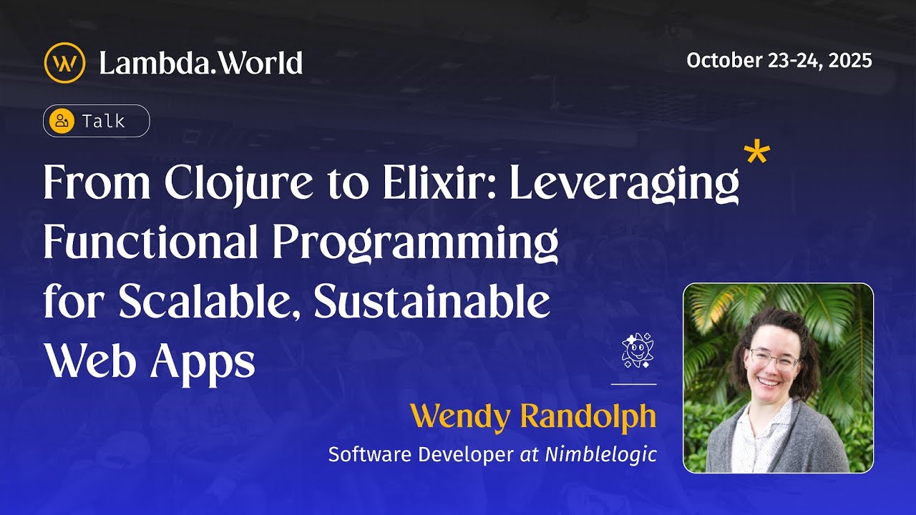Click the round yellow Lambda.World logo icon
point(64,63)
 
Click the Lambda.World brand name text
point(200,63)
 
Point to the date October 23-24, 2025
point(779,61)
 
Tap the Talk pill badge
point(97,121)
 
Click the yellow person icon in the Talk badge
point(62,121)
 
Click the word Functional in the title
point(150,244)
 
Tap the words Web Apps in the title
point(150,363)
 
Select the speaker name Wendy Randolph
point(533,416)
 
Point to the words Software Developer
point(421,454)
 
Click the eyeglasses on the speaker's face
point(774,358)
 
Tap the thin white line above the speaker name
point(633,384)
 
